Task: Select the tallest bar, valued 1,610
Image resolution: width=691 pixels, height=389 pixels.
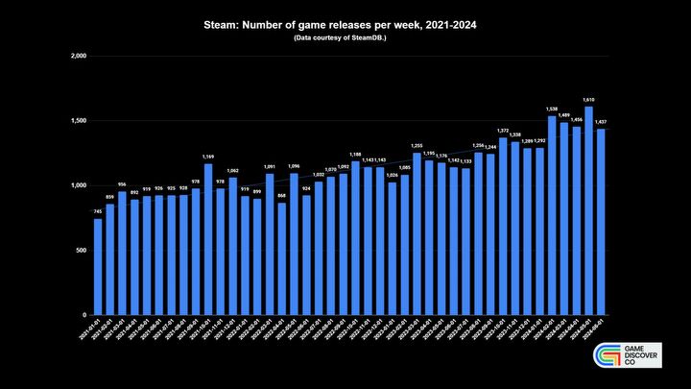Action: (587, 210)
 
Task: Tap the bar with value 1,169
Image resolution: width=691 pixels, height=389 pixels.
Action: (207, 239)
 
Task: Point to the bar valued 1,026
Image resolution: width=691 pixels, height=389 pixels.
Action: (392, 249)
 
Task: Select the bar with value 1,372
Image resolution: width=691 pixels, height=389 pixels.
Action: (502, 226)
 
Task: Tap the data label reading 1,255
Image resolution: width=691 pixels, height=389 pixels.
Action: (417, 145)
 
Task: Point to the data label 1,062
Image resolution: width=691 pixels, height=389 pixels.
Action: (232, 170)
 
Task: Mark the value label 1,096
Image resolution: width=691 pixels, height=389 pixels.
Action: (294, 166)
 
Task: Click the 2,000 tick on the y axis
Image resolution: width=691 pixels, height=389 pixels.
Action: (79, 57)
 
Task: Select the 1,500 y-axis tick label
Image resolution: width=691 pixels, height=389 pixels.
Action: (79, 121)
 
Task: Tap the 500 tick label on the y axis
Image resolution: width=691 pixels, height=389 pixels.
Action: (82, 251)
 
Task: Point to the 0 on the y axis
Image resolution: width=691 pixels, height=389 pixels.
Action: (85, 315)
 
